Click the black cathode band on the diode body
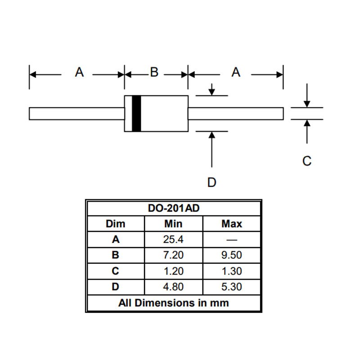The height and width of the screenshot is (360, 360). click(x=136, y=114)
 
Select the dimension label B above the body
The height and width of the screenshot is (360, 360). click(x=154, y=72)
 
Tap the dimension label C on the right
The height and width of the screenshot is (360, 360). click(x=307, y=161)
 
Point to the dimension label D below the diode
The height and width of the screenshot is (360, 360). click(x=211, y=182)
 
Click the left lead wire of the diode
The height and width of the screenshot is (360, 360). click(x=76, y=114)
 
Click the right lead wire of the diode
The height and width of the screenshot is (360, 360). click(x=236, y=114)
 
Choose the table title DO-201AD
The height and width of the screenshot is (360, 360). click(x=174, y=208)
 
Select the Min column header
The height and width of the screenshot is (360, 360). click(x=173, y=224)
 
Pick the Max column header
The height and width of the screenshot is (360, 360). click(x=232, y=224)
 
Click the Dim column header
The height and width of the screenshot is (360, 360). click(x=116, y=224)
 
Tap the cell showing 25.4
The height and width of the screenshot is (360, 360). click(x=173, y=239)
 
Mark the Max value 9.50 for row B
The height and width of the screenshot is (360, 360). click(x=232, y=255)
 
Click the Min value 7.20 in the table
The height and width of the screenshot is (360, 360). click(x=173, y=255)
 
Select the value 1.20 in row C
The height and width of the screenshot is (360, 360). click(x=173, y=271)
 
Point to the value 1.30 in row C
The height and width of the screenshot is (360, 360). click(x=232, y=271)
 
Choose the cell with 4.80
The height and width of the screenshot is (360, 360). click(x=173, y=287)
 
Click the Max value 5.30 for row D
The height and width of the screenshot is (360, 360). click(x=232, y=287)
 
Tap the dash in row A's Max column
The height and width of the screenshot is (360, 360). click(x=232, y=240)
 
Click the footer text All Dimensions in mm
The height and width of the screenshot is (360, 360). click(x=174, y=303)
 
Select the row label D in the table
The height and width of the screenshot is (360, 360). click(x=116, y=287)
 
